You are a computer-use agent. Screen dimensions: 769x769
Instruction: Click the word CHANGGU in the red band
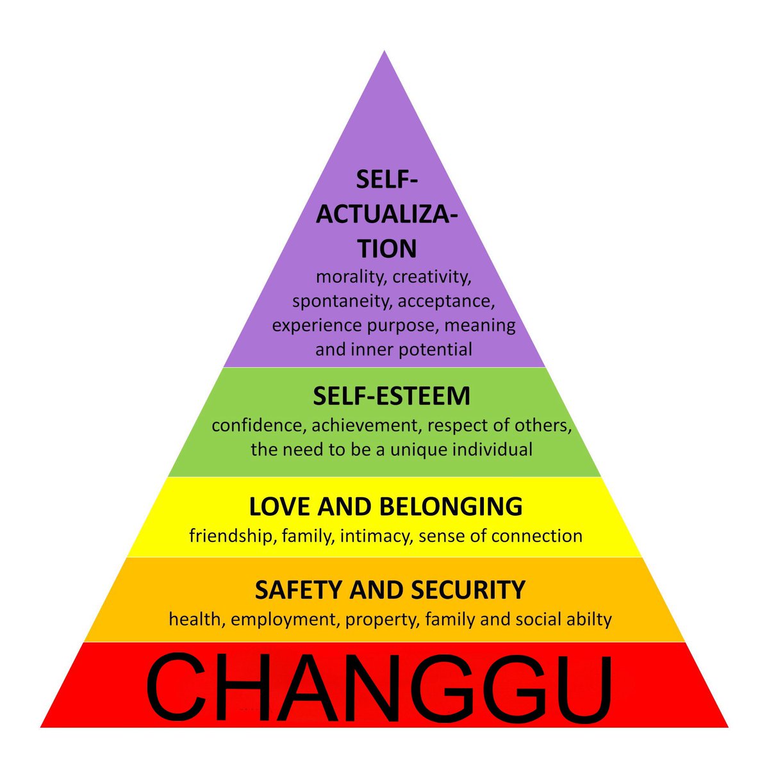[379, 689]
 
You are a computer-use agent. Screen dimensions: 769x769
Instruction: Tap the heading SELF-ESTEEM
[392, 396]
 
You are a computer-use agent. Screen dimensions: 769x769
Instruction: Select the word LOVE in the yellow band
[281, 506]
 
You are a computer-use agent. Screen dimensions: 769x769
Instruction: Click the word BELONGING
[451, 506]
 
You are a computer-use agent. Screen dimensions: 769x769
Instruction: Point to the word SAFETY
[299, 590]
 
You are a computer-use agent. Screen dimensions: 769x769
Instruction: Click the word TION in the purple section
[387, 249]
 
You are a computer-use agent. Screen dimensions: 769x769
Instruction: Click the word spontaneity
[342, 301]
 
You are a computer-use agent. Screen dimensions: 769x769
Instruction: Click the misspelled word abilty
[590, 619]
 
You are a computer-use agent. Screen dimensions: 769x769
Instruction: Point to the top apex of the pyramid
[384, 51]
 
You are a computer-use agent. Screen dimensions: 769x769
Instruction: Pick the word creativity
[432, 277]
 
